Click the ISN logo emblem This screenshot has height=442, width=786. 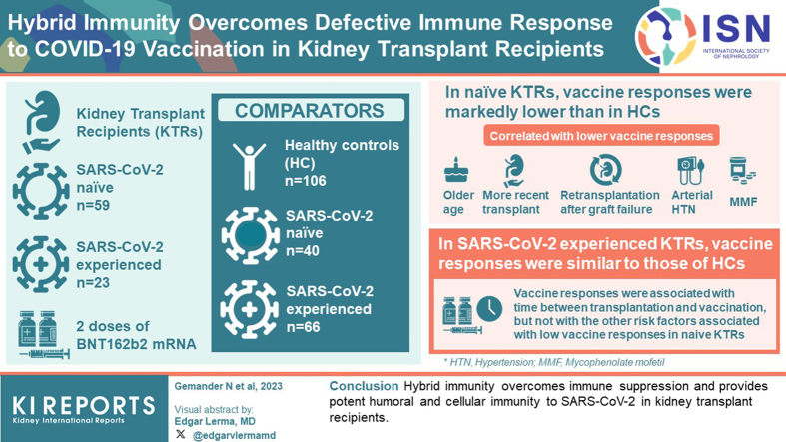tap(665, 37)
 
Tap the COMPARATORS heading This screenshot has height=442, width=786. tap(310, 111)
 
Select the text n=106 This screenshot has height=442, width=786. tap(306, 181)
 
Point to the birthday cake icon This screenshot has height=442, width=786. tap(456, 170)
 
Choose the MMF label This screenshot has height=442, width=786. tap(743, 202)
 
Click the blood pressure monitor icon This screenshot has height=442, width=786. tap(690, 171)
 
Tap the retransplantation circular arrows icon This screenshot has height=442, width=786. tap(605, 170)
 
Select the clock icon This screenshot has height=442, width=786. tap(489, 308)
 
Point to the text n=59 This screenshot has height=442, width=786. tap(93, 205)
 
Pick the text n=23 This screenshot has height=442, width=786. tap(93, 282)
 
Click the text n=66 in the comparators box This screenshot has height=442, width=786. tap(303, 327)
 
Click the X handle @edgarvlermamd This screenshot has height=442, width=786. tap(227, 435)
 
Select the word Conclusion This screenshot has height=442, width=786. tap(364, 386)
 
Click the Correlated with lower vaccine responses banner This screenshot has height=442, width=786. tap(601, 136)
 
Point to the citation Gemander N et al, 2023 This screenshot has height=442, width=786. tap(228, 386)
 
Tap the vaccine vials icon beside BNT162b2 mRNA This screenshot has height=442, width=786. tap(43, 335)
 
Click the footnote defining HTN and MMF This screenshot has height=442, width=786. tap(554, 362)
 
